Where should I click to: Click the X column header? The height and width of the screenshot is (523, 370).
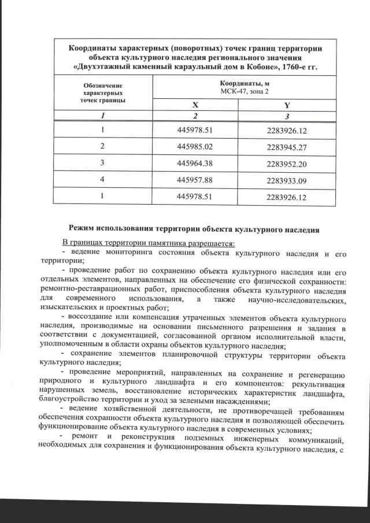(195, 105)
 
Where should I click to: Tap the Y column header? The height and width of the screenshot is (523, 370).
(287, 105)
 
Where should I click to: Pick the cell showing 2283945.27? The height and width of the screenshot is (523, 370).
(287, 147)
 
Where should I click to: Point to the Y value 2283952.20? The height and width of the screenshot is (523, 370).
(287, 164)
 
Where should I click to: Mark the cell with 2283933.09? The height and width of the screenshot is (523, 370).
(287, 180)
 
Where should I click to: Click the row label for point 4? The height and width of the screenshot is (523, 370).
(102, 180)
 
